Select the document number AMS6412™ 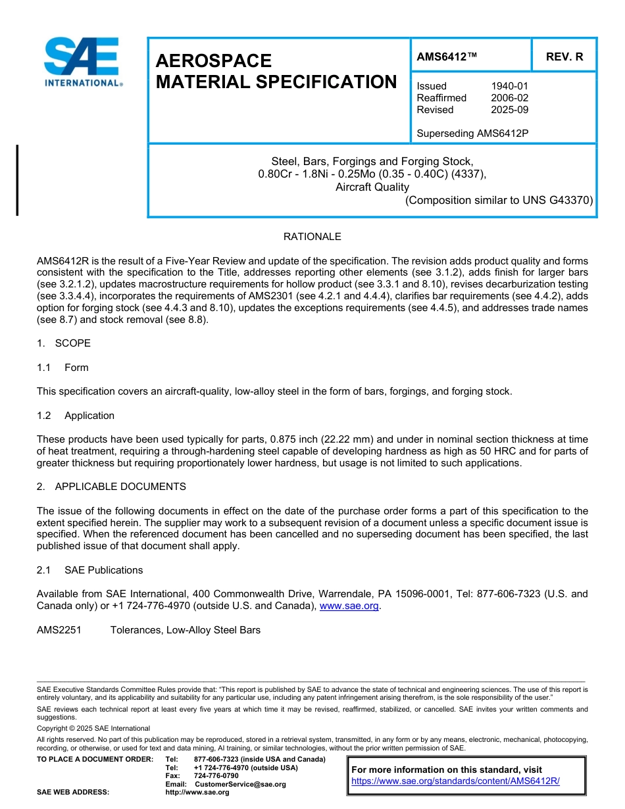point(447,57)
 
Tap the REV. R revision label point(564,57)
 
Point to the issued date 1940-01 point(509,86)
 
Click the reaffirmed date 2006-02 point(509,98)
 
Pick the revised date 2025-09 point(509,110)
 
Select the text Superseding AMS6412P point(472,134)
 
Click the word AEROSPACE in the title point(214,61)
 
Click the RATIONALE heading point(312,237)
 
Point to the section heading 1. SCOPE point(64,343)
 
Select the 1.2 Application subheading point(76,416)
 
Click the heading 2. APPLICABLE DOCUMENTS point(111,487)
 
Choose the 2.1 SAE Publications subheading point(89,570)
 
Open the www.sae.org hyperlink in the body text point(349,606)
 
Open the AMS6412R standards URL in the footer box point(455,781)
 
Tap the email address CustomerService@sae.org point(240,784)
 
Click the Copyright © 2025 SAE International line point(93,728)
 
